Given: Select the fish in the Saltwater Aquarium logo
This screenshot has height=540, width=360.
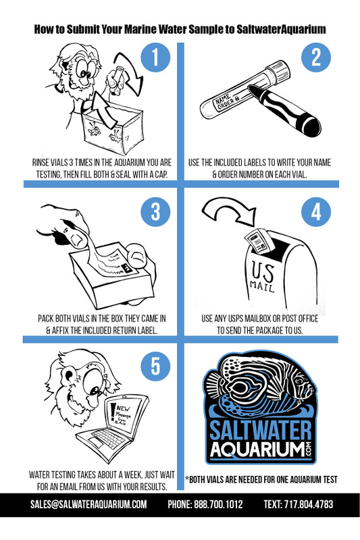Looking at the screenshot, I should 260,392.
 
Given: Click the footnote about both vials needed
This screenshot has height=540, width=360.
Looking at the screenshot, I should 261,480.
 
